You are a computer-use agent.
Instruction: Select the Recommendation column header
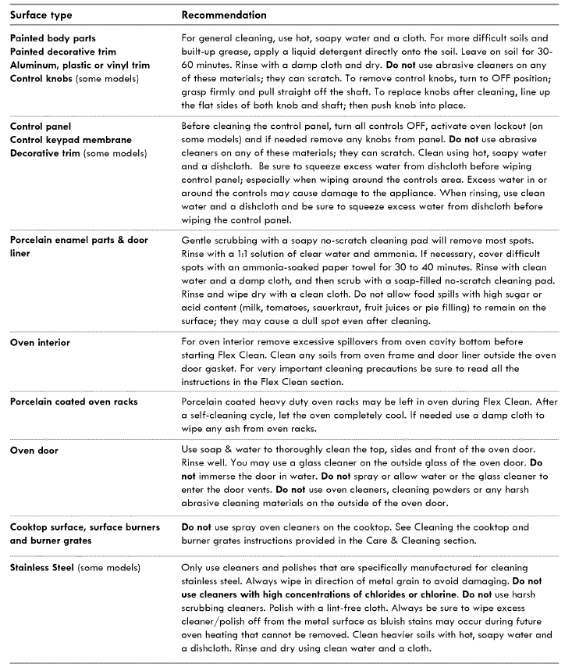(223, 15)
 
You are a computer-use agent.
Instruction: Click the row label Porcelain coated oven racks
(74, 402)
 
